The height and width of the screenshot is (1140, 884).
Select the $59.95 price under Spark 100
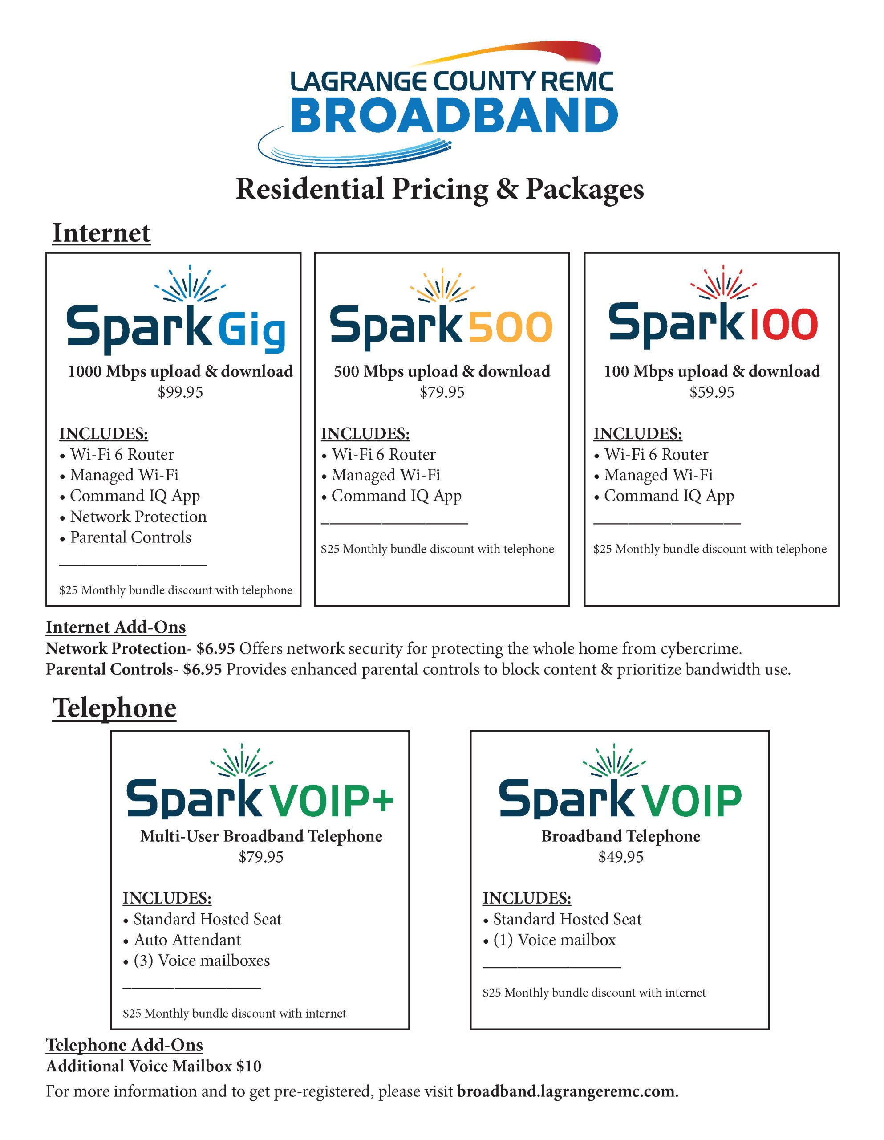point(711,392)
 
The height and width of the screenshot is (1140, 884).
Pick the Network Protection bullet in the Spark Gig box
point(138,517)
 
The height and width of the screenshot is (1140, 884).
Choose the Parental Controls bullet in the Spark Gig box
point(130,537)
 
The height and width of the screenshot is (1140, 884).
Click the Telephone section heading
point(114,708)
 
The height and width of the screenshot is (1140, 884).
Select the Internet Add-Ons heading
point(115,627)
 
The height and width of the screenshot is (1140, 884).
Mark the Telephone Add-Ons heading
point(124,1045)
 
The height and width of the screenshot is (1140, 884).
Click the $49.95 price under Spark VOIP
point(620,857)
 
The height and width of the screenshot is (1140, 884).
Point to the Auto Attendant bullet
point(187,940)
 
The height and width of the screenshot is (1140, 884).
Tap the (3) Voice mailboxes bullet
point(202,961)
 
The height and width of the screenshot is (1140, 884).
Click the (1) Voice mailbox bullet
point(554,940)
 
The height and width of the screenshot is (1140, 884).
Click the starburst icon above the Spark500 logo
point(442,285)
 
